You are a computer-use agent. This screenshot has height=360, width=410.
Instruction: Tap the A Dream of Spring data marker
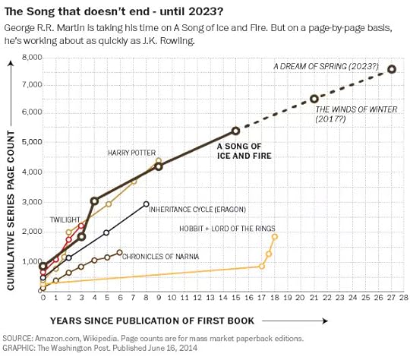click(392, 69)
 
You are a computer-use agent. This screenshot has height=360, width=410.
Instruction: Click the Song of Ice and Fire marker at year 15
click(235, 131)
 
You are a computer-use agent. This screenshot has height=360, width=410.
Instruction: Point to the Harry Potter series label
click(131, 153)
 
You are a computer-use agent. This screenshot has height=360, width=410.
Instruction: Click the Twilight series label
click(65, 219)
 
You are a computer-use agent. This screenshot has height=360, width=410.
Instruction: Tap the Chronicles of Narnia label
click(161, 256)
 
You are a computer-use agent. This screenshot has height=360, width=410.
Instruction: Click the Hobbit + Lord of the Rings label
click(228, 227)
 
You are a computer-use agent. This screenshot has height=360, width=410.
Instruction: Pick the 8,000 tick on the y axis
click(31, 58)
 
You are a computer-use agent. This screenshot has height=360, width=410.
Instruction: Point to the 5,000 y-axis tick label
click(31, 142)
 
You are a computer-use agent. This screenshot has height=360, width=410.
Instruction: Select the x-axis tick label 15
click(235, 298)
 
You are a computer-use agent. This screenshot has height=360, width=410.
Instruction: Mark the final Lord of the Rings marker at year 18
click(275, 236)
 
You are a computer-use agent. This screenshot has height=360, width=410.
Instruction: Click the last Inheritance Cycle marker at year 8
click(146, 204)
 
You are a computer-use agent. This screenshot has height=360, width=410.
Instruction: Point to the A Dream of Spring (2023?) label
click(326, 66)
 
